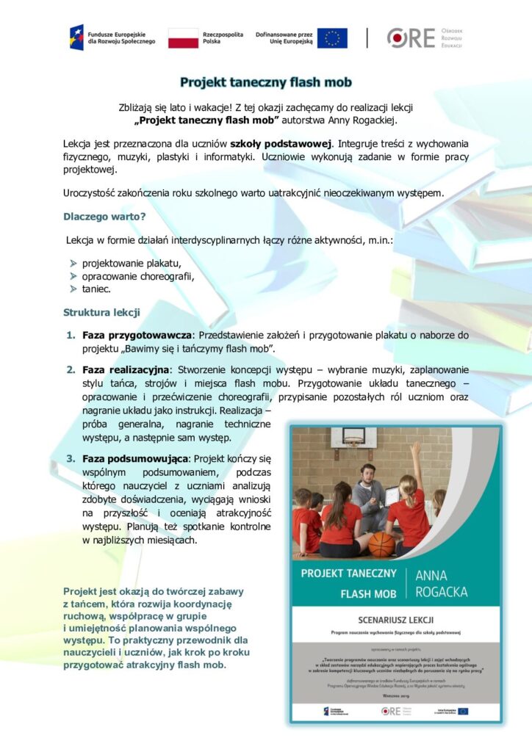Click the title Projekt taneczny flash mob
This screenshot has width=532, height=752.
265,82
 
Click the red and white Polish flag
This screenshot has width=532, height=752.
183,37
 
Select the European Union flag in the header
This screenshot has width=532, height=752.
332,37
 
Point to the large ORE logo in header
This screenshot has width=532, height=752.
411,37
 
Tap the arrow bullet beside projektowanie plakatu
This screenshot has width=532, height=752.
73,263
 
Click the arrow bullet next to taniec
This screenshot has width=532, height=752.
73,289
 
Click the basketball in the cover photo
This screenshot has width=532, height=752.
381,544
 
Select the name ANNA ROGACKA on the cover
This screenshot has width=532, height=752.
440,582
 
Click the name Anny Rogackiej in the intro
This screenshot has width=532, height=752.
360,120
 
